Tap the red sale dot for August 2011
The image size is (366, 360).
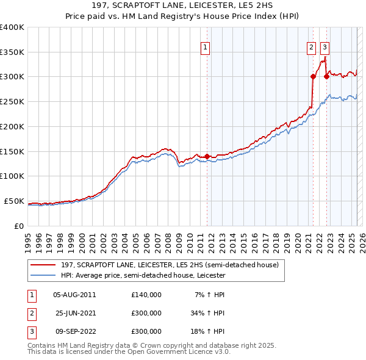point(207,156)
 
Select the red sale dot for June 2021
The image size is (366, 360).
point(313,76)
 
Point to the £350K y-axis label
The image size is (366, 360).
point(12,52)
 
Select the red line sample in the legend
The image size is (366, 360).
point(43,265)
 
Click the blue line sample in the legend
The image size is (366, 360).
point(43,276)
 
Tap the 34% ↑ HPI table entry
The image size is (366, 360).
point(208,313)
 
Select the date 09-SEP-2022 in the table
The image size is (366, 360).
point(74,331)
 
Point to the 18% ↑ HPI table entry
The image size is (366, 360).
point(208,331)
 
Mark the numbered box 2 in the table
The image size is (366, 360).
point(30,313)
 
